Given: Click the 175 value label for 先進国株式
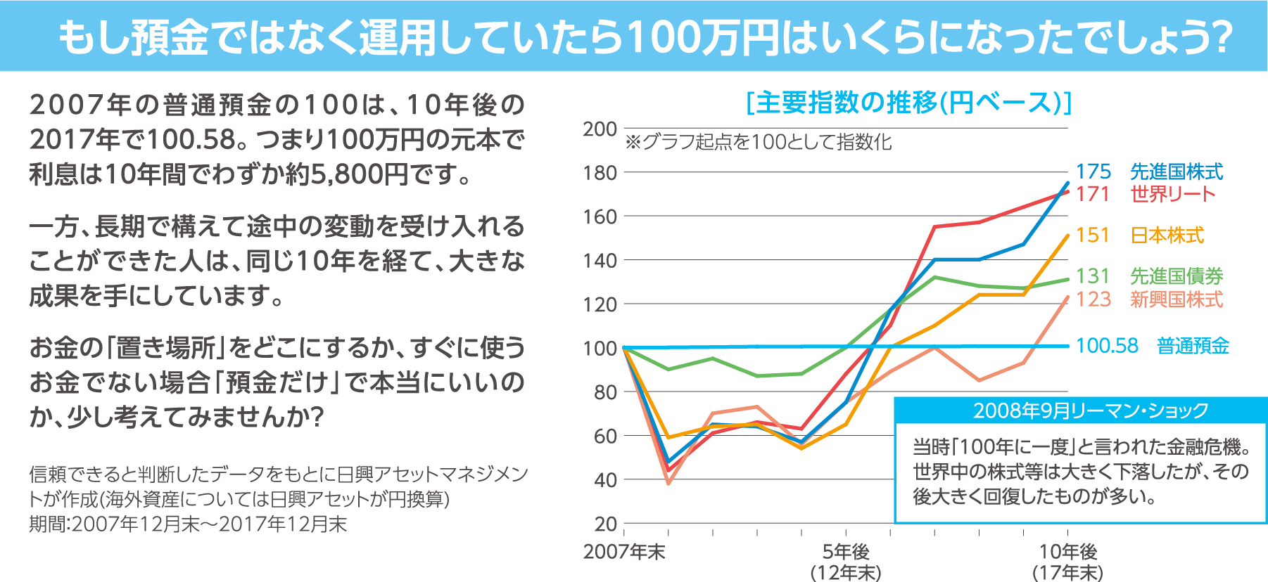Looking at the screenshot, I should click(x=1093, y=172).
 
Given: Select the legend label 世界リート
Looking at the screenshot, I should click(x=1173, y=194).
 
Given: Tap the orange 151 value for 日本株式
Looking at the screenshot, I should click(x=1093, y=235).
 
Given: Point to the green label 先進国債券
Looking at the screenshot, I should click(x=1177, y=276).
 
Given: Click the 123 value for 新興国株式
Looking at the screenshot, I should click(x=1093, y=299).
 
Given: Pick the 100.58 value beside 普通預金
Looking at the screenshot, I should click(x=1107, y=346).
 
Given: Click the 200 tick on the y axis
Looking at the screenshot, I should click(x=600, y=129).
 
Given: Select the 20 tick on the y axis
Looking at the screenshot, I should click(x=605, y=524).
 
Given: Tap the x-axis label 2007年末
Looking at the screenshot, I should click(x=624, y=552).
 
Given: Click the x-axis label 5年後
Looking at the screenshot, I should click(x=846, y=552).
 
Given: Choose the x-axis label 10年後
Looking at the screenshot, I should click(x=1068, y=552).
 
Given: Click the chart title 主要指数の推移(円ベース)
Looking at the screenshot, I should click(x=908, y=103).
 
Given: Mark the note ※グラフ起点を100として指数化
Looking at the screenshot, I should click(x=758, y=143).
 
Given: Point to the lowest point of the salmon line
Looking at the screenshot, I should click(x=668, y=484).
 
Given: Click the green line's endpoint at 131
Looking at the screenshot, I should click(x=1067, y=279).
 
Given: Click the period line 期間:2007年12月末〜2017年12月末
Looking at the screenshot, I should click(x=188, y=524).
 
